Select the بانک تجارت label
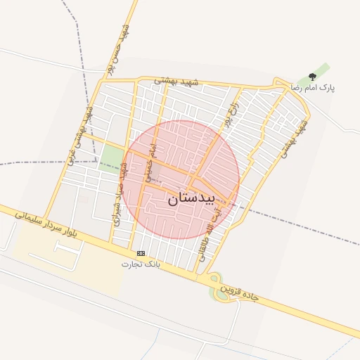[141, 264]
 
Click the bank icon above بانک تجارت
[141, 253]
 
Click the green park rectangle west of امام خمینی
[111, 158]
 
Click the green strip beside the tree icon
[321, 71]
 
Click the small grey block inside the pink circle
[161, 172]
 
